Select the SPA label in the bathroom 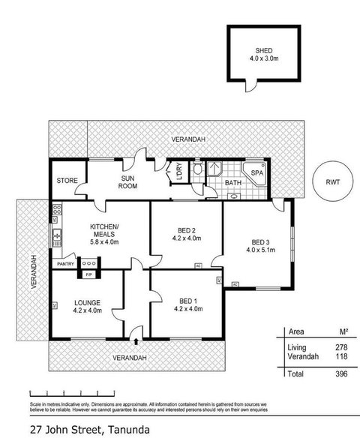pyautogui.click(x=256, y=172)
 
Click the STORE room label pyautogui.click(x=68, y=181)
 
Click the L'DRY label pyautogui.click(x=178, y=172)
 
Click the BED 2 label pyautogui.click(x=187, y=231)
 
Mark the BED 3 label pyautogui.click(x=260, y=242)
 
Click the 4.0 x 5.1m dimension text pyautogui.click(x=260, y=252)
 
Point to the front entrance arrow pyautogui.click(x=136, y=343)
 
